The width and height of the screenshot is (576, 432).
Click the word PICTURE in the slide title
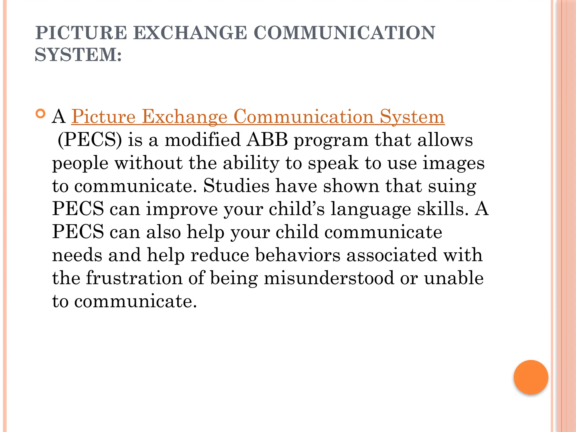(x=81, y=33)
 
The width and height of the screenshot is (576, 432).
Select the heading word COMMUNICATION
(x=344, y=33)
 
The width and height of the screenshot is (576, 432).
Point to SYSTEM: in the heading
(x=78, y=55)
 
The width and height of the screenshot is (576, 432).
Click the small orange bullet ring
(x=41, y=114)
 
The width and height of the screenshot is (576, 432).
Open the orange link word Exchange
(x=184, y=117)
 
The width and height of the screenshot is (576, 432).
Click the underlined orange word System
(x=412, y=117)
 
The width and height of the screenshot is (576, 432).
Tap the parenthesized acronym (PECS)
(x=90, y=140)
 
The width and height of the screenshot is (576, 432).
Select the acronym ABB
(x=267, y=140)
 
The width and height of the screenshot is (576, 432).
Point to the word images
(x=453, y=163)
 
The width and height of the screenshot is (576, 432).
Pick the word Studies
(x=236, y=186)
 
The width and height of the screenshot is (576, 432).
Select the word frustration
(x=134, y=278)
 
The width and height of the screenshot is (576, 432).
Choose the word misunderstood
(x=329, y=278)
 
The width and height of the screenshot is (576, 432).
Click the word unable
(x=454, y=278)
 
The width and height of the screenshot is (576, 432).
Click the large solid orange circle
(x=531, y=377)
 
